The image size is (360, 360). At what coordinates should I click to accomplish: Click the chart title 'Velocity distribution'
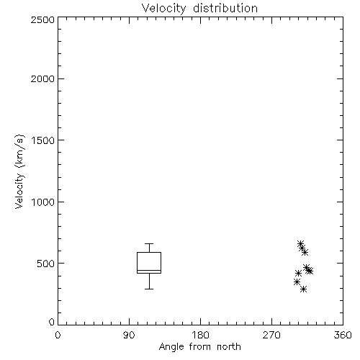click(x=199, y=9)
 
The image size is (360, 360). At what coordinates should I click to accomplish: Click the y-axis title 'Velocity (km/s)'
click(x=19, y=171)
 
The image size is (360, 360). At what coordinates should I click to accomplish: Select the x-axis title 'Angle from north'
click(x=199, y=347)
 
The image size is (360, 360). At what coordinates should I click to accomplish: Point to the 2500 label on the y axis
click(x=42, y=19)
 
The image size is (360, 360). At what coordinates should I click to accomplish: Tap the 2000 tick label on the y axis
click(x=42, y=78)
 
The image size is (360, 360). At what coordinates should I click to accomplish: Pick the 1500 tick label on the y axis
click(x=42, y=140)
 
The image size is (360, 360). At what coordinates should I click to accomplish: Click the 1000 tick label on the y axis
click(x=42, y=202)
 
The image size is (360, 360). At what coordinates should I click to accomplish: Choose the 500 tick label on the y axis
click(x=45, y=264)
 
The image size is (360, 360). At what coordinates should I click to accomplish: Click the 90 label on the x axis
click(x=129, y=335)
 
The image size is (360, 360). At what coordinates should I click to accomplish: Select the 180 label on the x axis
click(x=200, y=335)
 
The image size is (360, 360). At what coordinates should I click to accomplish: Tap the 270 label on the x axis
click(x=271, y=335)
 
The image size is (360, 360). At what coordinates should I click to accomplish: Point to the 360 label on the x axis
click(x=343, y=335)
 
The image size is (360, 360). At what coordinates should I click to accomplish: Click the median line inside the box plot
click(x=149, y=270)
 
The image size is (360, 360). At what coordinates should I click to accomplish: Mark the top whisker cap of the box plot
click(x=149, y=243)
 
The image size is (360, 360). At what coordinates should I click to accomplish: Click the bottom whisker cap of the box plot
click(x=149, y=289)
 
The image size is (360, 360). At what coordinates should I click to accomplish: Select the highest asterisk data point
click(x=300, y=243)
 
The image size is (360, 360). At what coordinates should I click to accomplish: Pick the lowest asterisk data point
click(x=304, y=289)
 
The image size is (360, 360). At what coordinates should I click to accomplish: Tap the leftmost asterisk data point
click(x=297, y=282)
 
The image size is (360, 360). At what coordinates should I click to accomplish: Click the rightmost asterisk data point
click(x=310, y=271)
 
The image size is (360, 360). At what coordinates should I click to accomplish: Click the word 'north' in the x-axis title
click(x=229, y=347)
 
